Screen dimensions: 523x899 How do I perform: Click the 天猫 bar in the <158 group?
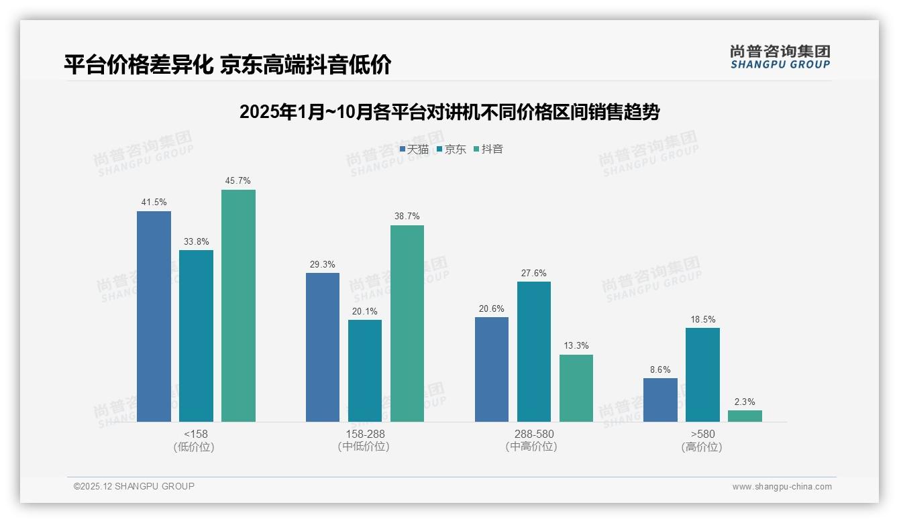(x=154, y=316)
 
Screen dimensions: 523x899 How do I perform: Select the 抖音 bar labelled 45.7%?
(x=238, y=306)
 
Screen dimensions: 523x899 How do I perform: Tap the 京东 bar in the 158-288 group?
(x=364, y=371)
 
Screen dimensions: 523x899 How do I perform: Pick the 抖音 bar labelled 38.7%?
(x=407, y=323)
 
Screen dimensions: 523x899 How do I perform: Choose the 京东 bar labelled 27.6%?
(x=533, y=351)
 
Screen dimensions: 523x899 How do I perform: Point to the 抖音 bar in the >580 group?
(x=745, y=416)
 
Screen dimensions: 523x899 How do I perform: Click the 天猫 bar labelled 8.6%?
(x=660, y=400)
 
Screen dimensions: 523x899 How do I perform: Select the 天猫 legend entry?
(x=414, y=149)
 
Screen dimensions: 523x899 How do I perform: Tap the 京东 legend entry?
(x=452, y=149)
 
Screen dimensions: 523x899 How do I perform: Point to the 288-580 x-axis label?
(x=534, y=440)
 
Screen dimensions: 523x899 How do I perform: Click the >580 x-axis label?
(x=702, y=440)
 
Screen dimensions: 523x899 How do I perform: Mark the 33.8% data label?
(x=196, y=241)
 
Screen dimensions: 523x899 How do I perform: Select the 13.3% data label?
(x=576, y=346)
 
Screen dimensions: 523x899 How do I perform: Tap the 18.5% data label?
(x=702, y=320)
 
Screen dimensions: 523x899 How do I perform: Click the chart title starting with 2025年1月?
(x=449, y=112)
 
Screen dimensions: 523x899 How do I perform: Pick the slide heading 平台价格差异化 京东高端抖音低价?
(x=227, y=64)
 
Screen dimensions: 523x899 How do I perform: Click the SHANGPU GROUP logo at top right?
(x=780, y=57)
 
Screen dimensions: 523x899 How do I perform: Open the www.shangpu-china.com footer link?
(x=782, y=487)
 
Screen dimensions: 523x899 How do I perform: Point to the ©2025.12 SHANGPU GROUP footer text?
(x=134, y=486)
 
